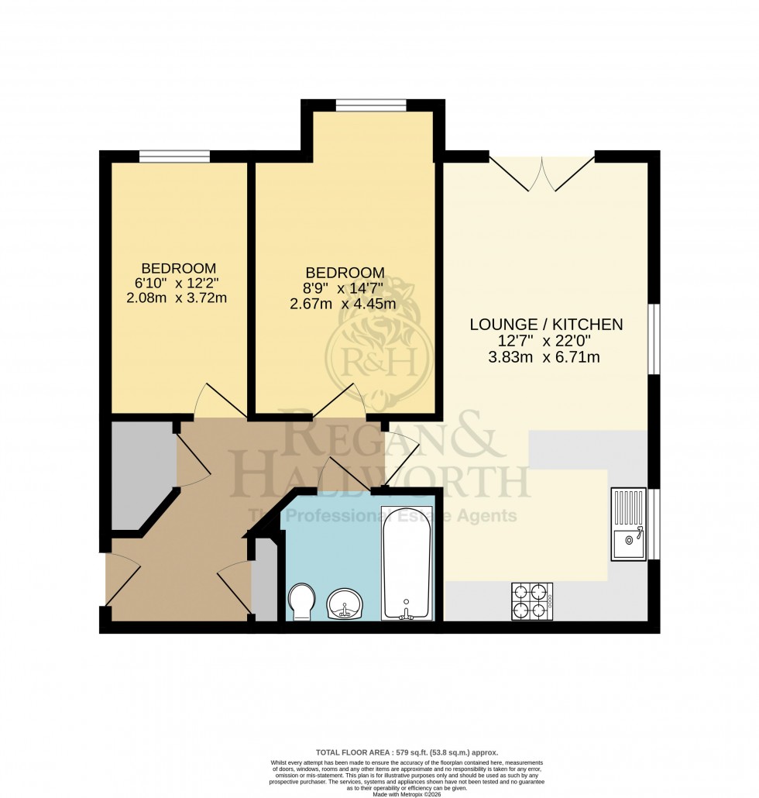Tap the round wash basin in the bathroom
click(x=345, y=604)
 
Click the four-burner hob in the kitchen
click(x=532, y=600)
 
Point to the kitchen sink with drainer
click(x=628, y=524)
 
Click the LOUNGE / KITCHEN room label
click(x=547, y=325)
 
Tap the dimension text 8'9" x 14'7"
click(x=345, y=288)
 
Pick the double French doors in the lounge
click(x=541, y=172)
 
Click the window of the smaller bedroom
click(x=174, y=157)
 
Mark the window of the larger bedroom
click(x=371, y=105)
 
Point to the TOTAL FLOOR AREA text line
click(x=407, y=752)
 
